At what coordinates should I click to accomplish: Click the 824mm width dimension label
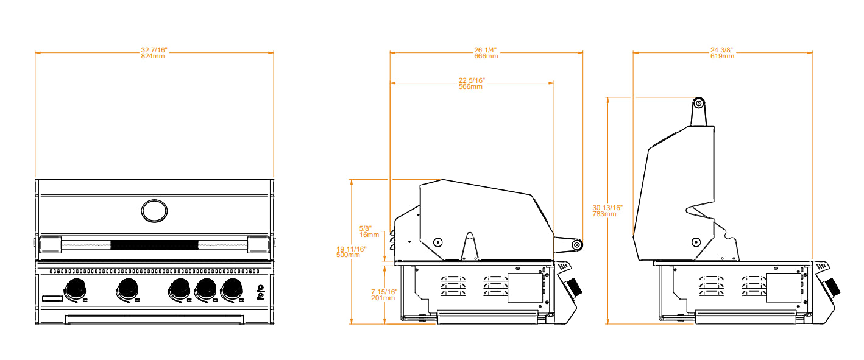[154, 56]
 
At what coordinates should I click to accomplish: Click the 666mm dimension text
[486, 56]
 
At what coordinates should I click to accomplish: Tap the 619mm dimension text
[722, 56]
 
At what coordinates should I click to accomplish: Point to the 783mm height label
[604, 214]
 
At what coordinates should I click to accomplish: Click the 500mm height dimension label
[349, 255]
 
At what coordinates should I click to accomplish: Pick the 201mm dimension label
[383, 298]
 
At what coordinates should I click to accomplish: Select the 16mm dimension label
[369, 234]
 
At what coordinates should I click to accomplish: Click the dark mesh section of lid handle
[154, 246]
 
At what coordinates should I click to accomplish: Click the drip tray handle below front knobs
[155, 319]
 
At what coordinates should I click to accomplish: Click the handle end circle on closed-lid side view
[575, 245]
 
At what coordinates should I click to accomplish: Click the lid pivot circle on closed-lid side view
[437, 242]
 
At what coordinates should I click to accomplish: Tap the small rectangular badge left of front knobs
[52, 298]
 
